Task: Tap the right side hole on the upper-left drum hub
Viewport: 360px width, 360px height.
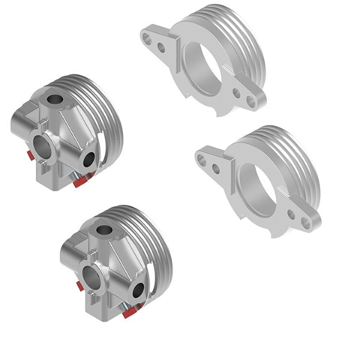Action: (x=88, y=159)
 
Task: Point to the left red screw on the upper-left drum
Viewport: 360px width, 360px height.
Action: (x=26, y=155)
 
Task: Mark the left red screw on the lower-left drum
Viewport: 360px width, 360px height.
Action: (x=77, y=286)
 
